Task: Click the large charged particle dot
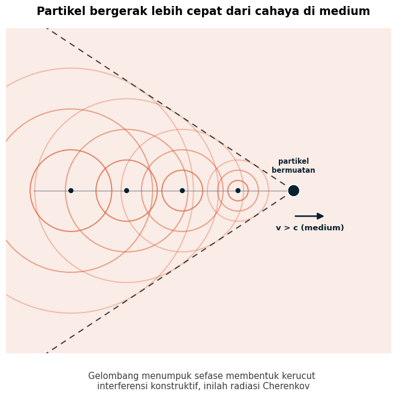[294, 191]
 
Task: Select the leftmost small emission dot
[71, 191]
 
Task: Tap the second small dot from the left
[127, 191]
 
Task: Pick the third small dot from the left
[182, 191]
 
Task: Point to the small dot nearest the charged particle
[238, 191]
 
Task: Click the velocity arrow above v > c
[309, 216]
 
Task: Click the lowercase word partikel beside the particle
[294, 161]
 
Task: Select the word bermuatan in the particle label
[293, 170]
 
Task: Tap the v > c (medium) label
[310, 228]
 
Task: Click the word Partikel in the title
[61, 11]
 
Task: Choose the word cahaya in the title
[277, 12]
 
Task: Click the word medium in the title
[344, 11]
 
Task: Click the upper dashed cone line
[166, 106]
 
